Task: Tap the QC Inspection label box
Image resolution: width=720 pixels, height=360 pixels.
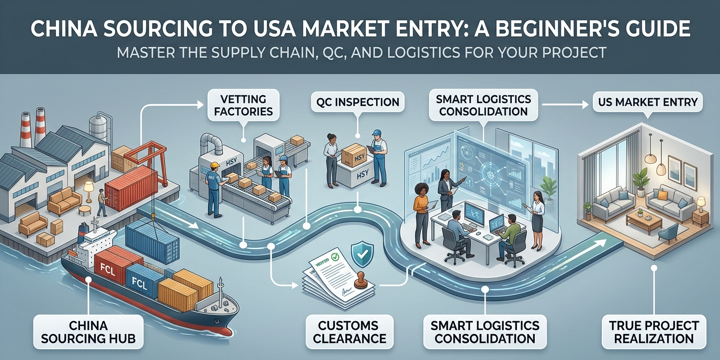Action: (357, 102)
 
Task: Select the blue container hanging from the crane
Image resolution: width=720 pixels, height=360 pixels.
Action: (153, 242)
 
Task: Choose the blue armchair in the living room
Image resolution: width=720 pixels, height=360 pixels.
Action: (668, 232)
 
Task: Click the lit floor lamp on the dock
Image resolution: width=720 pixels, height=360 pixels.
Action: (88, 190)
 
